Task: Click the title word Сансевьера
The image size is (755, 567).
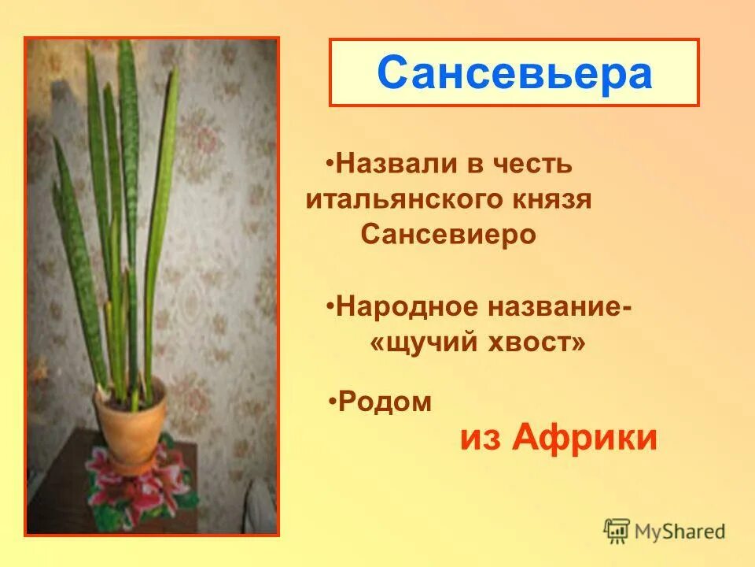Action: click(x=514, y=73)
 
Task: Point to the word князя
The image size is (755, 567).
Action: click(x=554, y=200)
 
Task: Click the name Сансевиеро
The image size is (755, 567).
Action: click(x=448, y=235)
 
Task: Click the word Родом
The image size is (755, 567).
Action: click(x=385, y=402)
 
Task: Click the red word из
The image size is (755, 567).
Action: click(x=481, y=438)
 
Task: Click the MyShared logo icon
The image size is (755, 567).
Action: click(x=617, y=531)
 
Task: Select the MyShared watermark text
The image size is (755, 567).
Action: click(x=680, y=532)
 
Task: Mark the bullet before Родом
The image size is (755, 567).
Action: click(x=333, y=402)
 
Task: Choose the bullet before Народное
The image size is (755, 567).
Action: click(x=330, y=305)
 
